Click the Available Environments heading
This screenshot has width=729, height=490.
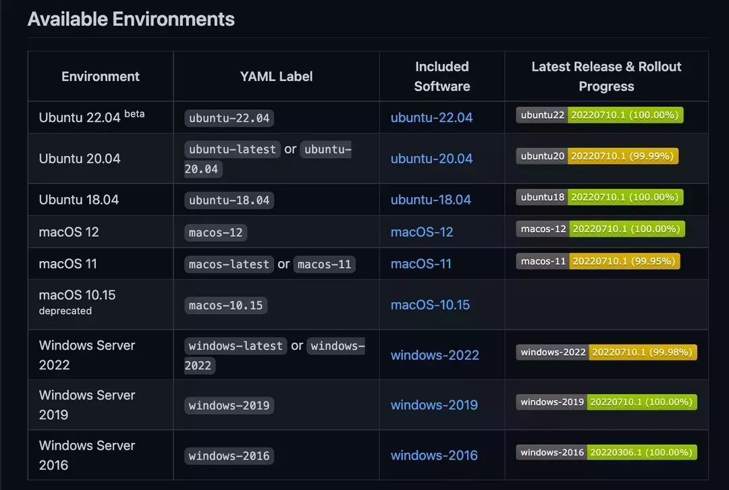(x=131, y=19)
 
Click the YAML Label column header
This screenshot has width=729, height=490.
(x=276, y=76)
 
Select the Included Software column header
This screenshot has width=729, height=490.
(x=441, y=76)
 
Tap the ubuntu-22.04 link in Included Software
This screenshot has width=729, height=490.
(x=431, y=117)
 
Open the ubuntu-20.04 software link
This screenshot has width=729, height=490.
(x=431, y=159)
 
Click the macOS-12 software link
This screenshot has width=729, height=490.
(x=422, y=232)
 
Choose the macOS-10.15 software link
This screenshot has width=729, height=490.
(x=430, y=305)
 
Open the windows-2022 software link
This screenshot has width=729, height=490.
(x=435, y=355)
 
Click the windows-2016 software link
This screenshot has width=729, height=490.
(x=434, y=456)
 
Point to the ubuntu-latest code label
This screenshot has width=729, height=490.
(x=232, y=149)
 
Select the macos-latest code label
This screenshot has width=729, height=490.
(x=229, y=265)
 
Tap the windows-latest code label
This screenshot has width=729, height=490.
(x=236, y=346)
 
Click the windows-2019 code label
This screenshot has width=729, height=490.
(x=229, y=406)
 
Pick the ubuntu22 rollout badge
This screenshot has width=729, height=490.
(x=600, y=115)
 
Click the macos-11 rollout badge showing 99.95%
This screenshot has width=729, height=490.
(x=599, y=261)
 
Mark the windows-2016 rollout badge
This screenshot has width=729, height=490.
(x=607, y=452)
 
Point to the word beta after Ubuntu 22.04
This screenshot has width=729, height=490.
(x=134, y=113)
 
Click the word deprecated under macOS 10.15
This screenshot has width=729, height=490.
(x=65, y=311)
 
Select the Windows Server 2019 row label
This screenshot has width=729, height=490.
(x=87, y=405)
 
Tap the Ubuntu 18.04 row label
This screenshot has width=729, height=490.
(x=79, y=200)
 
